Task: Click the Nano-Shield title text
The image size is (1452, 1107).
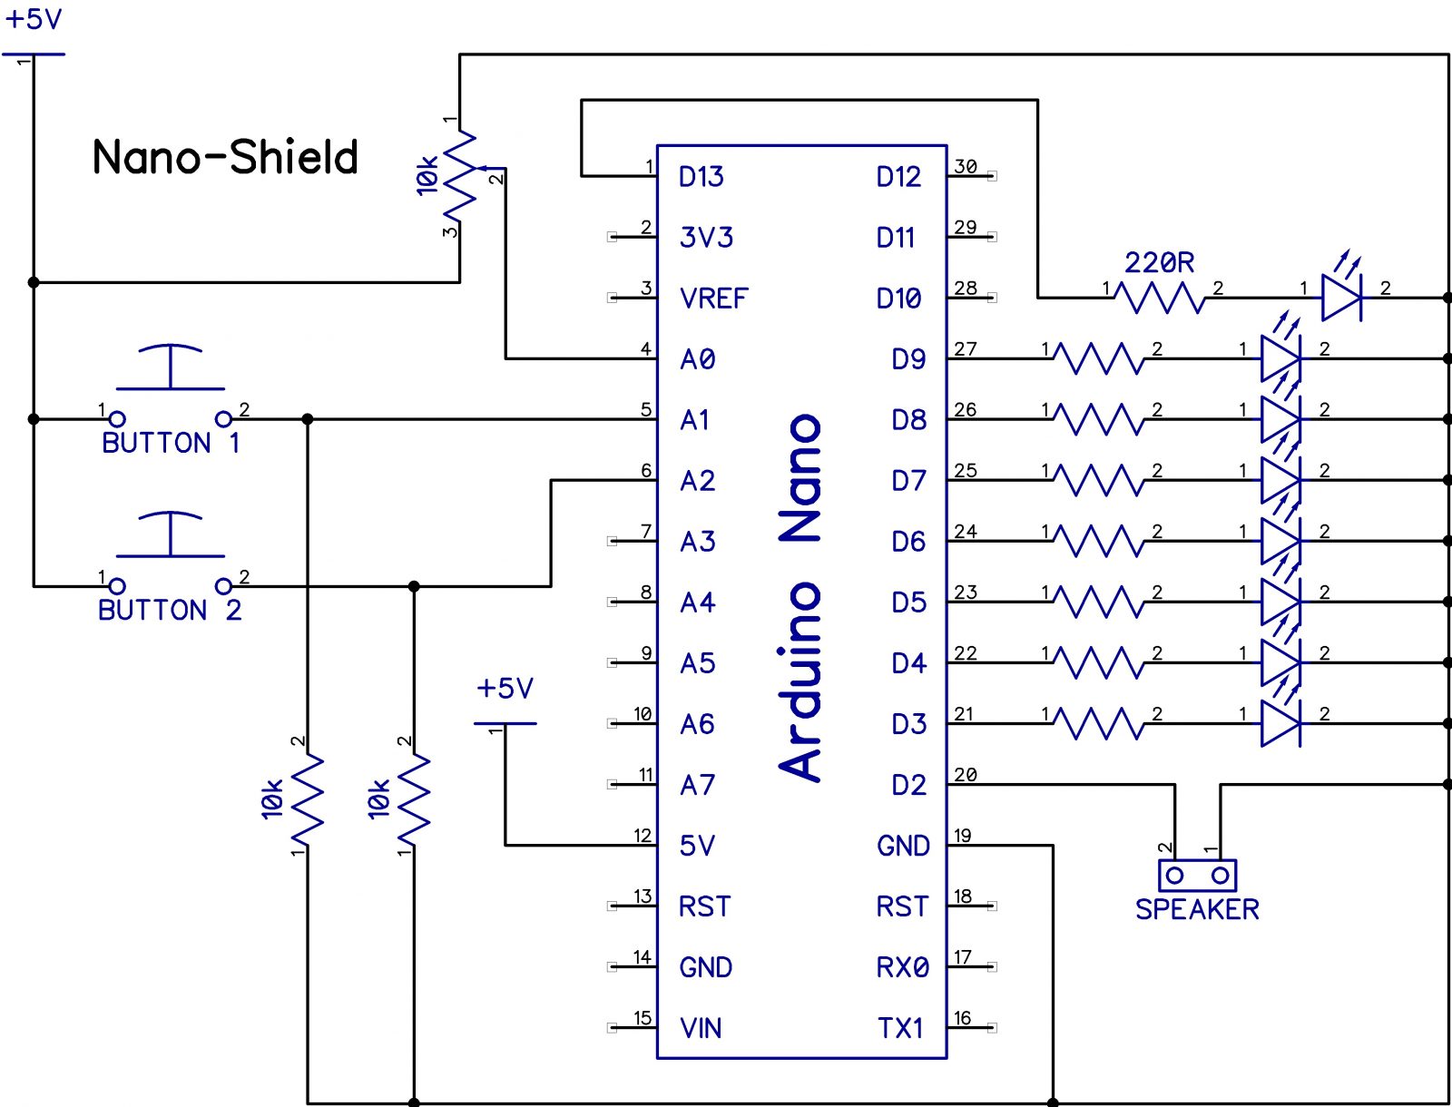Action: pos(225,157)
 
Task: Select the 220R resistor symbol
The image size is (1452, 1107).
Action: pos(1160,297)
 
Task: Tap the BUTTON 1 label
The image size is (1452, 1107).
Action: pos(171,443)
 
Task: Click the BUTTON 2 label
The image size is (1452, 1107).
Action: pos(170,610)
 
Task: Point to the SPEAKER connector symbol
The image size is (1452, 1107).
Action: pos(1197,876)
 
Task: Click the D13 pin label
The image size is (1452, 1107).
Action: pos(701,177)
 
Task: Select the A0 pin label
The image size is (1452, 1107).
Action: pos(697,359)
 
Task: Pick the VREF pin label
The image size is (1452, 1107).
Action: pos(713,299)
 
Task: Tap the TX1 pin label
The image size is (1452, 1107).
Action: pos(899,1028)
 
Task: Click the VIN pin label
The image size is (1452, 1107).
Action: pos(701,1028)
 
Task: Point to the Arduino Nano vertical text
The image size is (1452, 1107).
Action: pos(801,599)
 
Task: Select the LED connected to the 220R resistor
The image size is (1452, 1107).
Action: pos(1341,296)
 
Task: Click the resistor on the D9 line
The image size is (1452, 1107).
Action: pos(1099,358)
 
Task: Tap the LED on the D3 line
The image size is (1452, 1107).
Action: pos(1280,723)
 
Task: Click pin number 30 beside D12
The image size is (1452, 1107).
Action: pos(966,167)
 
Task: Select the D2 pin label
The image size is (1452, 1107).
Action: pos(907,785)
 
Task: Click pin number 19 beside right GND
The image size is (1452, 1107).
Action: pos(963,836)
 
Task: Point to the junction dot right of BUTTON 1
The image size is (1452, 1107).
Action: pos(308,419)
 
